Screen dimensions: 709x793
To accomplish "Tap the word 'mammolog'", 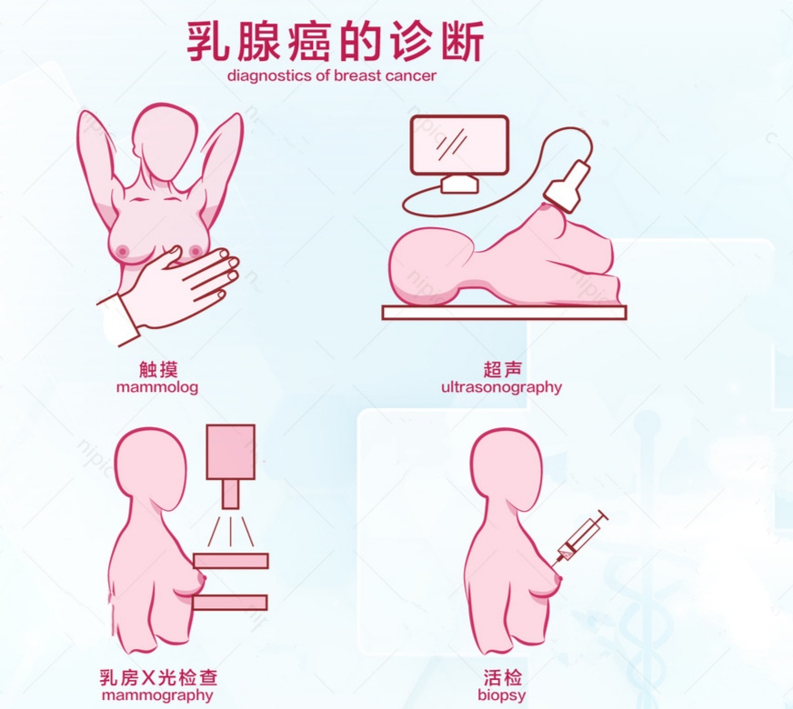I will [157, 386].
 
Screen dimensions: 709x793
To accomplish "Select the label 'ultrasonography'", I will [501, 386].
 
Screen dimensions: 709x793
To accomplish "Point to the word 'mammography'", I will [157, 695].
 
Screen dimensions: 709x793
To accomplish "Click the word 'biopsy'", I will [502, 695].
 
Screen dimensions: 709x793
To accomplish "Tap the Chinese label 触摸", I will [157, 368].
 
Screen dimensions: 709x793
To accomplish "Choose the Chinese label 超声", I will [502, 368].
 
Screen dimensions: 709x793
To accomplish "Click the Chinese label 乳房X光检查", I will [158, 677].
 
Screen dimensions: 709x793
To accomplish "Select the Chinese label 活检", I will [503, 677].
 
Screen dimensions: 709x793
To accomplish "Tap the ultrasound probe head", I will [567, 186].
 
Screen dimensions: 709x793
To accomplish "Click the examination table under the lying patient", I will [505, 312].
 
